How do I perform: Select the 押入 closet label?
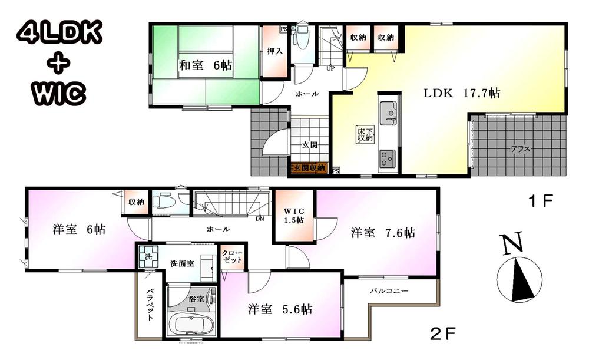point(274,51)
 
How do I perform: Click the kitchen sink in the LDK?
point(388,112)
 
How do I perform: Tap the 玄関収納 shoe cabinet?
point(309,169)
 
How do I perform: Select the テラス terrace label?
point(520,148)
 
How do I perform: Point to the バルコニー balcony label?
point(389,292)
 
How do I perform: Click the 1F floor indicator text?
point(541,202)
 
